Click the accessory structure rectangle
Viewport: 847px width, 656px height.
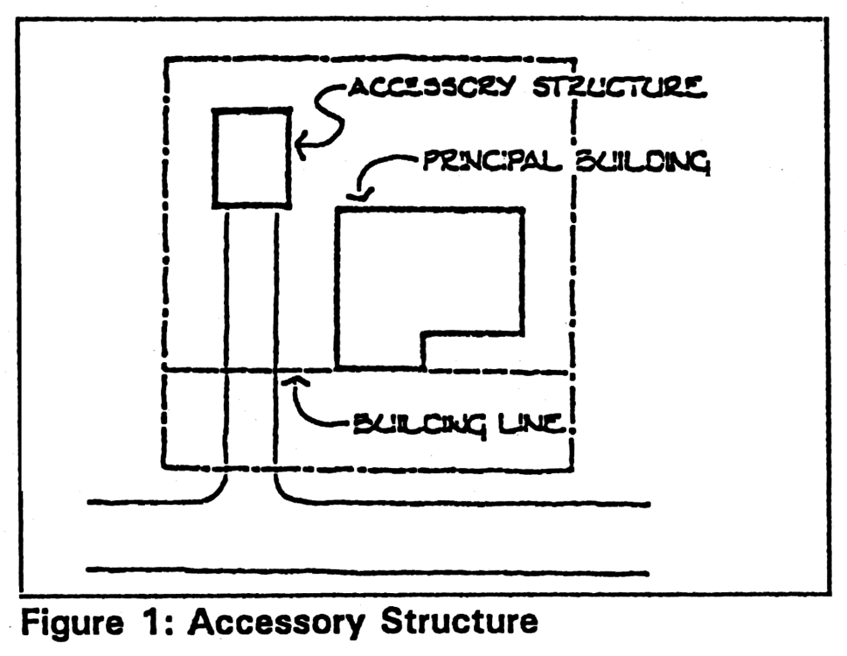(x=253, y=157)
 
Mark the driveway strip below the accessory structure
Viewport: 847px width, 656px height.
(x=252, y=350)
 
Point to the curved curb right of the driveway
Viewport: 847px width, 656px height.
(x=288, y=494)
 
